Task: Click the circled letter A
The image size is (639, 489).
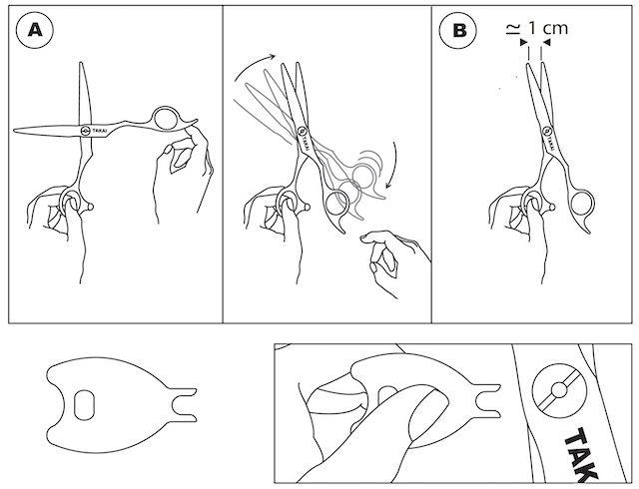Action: (35, 30)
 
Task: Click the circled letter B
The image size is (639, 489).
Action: (459, 30)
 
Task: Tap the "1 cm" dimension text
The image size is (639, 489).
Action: (548, 28)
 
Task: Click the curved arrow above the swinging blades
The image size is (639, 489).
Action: (254, 65)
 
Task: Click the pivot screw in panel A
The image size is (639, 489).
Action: (86, 131)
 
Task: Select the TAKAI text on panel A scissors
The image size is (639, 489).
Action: (99, 131)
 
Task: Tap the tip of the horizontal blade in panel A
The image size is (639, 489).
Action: (14, 131)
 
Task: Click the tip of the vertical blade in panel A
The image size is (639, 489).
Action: (81, 63)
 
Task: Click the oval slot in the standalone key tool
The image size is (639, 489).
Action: (84, 404)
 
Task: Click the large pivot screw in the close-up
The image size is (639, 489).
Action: (559, 390)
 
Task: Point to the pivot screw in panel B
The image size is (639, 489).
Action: (546, 131)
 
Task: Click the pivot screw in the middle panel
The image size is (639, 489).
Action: (302, 131)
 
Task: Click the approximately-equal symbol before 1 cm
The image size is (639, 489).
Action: (513, 29)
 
